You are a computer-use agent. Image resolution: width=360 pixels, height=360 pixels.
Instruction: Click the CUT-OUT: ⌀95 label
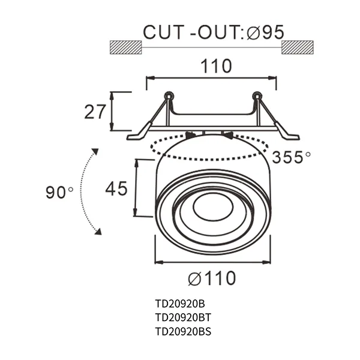point(212,32)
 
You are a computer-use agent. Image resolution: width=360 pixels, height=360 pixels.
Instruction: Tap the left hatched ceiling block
point(125,47)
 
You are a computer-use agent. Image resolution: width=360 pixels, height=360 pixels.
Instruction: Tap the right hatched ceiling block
point(298,47)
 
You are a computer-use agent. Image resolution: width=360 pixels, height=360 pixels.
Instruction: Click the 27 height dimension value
point(95,112)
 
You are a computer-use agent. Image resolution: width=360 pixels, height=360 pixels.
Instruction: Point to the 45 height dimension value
point(116,189)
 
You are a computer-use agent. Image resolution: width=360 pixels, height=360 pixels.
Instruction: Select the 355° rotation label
point(291,157)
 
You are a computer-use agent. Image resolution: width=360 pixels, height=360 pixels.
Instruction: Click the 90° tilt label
point(59,193)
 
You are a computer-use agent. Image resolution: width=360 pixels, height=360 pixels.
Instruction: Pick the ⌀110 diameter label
point(212,278)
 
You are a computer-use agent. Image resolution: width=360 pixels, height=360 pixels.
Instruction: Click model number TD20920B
point(180,304)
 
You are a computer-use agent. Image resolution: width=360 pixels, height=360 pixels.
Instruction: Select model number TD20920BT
point(183,317)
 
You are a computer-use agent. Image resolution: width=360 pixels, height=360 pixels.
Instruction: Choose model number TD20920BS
point(183,331)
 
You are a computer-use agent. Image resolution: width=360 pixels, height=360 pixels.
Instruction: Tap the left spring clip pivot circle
point(169,95)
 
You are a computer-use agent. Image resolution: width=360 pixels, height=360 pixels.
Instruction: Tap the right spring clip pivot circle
point(257,95)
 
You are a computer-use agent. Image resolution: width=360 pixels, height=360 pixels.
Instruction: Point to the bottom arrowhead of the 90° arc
point(98,232)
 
